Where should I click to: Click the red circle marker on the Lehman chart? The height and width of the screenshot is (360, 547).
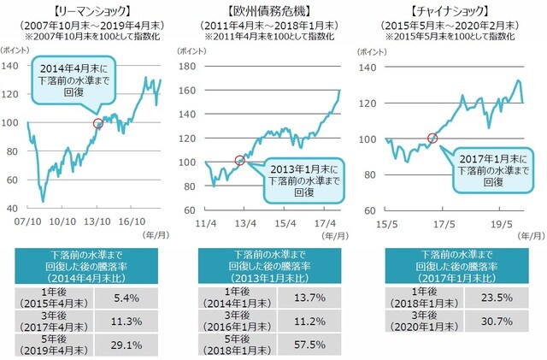pos(97,123)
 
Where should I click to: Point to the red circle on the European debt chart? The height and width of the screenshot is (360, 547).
pos(239,160)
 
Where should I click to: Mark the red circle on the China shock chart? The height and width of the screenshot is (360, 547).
pos(432,138)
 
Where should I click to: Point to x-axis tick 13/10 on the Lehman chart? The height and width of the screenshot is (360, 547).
pos(97,221)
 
